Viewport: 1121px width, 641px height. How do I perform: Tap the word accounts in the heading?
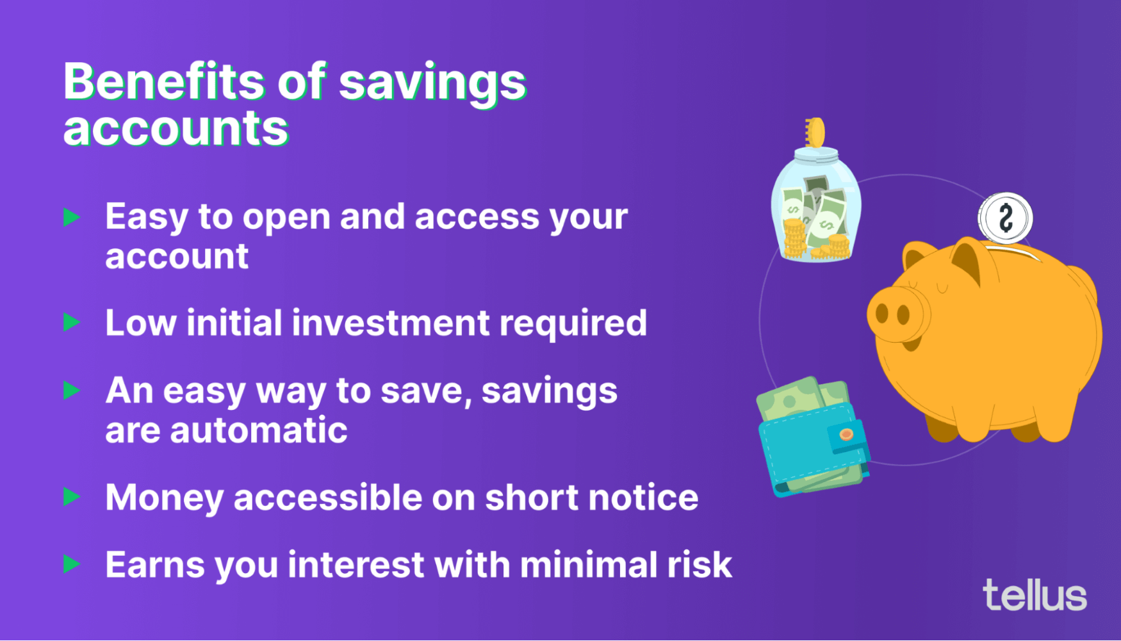(x=176, y=129)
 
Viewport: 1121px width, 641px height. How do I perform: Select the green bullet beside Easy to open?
(x=72, y=217)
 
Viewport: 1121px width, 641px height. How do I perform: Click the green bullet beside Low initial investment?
(x=72, y=322)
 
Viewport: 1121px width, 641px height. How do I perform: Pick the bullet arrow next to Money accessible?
(x=72, y=497)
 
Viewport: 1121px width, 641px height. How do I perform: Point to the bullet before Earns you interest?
(x=72, y=564)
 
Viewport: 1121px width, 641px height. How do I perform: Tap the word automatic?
(x=259, y=430)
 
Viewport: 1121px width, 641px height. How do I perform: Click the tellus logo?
(x=1035, y=595)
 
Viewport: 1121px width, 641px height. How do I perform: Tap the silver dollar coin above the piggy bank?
(x=1005, y=218)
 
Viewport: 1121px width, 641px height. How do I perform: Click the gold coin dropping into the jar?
(x=815, y=132)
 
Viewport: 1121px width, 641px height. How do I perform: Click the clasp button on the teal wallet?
(x=846, y=435)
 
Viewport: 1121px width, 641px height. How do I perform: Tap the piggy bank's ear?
(x=966, y=259)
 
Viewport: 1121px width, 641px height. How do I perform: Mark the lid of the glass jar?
(x=816, y=154)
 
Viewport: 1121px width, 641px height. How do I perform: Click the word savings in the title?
(x=432, y=83)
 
